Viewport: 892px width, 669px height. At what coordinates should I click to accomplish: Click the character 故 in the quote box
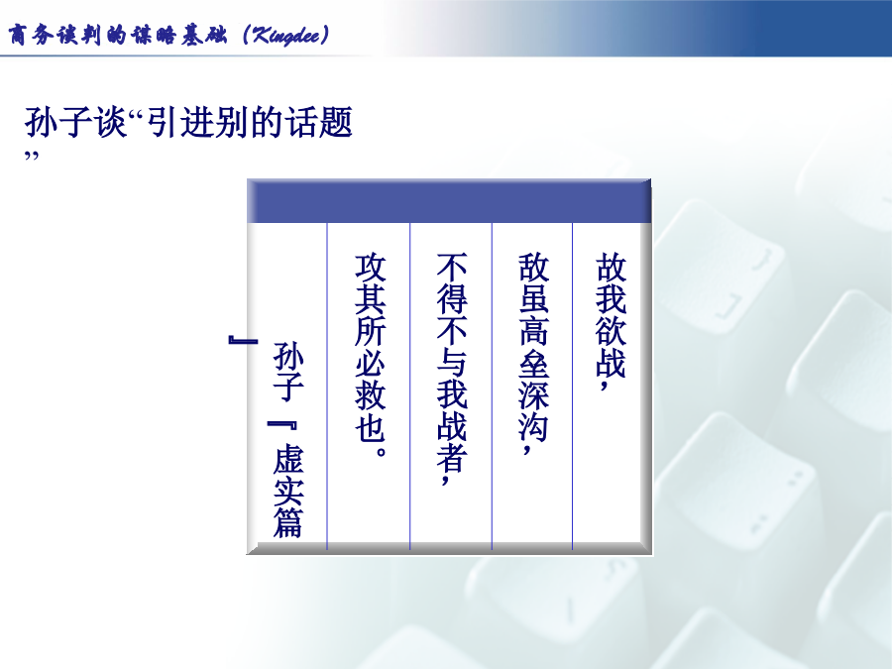(611, 268)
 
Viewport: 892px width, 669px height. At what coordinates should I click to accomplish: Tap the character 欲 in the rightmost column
(611, 331)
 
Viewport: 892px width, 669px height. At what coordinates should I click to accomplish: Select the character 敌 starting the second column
(533, 268)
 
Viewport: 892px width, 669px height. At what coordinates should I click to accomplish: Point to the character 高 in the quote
(533, 331)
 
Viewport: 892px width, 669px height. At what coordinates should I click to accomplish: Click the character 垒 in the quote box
(533, 363)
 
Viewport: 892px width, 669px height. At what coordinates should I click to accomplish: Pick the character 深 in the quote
(533, 394)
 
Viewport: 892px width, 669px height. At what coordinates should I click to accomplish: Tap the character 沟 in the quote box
(533, 426)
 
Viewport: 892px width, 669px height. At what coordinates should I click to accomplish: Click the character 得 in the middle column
(452, 299)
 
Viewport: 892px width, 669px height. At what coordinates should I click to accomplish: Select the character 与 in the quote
(452, 363)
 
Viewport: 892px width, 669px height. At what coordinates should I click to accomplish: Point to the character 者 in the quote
(452, 459)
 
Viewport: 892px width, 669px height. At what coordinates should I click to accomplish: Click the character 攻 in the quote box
(371, 268)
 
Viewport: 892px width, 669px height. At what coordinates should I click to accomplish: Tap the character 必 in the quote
(371, 363)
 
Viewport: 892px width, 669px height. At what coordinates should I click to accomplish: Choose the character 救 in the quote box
(371, 394)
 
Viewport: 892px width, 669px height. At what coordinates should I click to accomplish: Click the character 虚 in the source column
(288, 459)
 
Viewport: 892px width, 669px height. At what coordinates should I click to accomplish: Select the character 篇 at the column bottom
(288, 522)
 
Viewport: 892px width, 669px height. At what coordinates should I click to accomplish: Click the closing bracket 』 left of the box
(243, 340)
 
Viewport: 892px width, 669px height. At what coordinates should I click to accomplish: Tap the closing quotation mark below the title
(32, 156)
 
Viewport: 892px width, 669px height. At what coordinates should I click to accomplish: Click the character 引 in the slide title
(163, 122)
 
